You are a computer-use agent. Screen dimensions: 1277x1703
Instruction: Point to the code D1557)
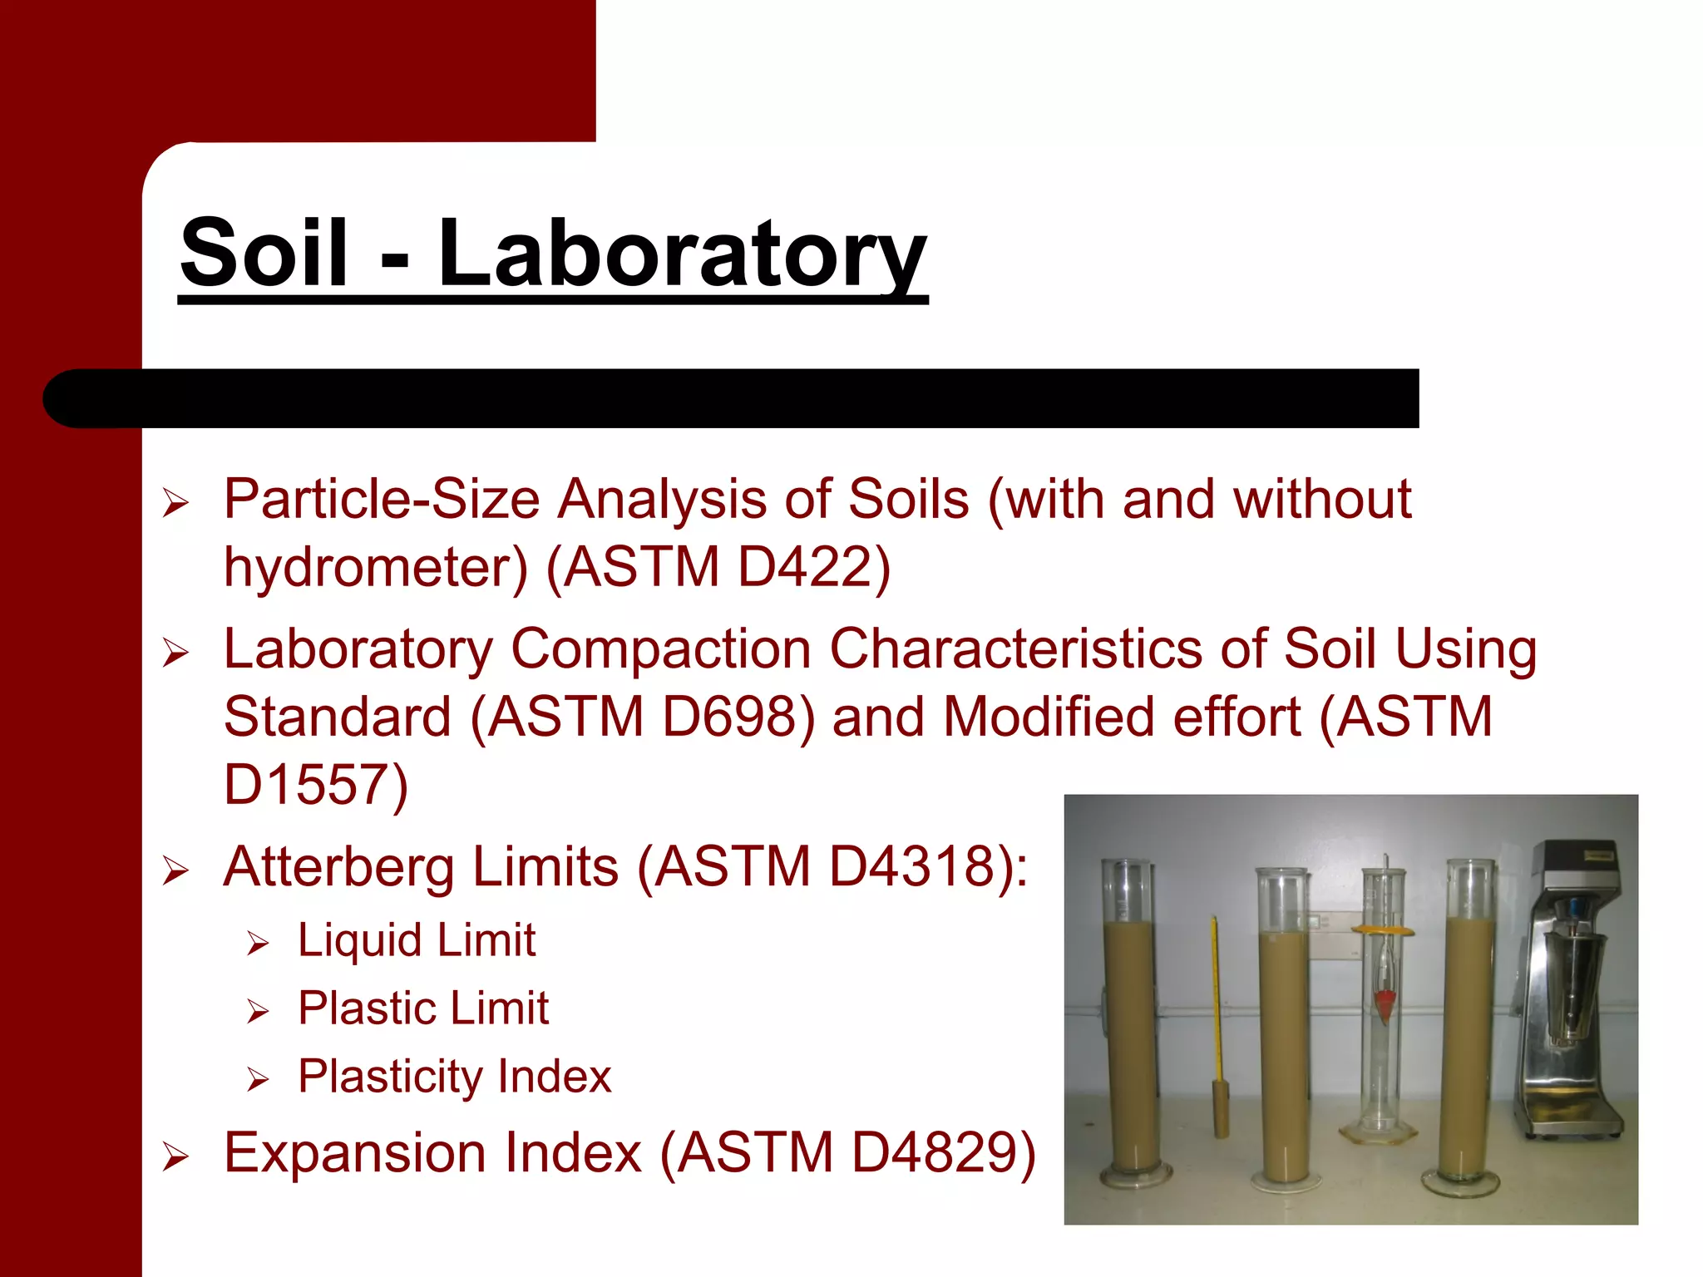(x=316, y=785)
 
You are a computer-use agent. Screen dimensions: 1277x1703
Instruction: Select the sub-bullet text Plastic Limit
(x=423, y=1009)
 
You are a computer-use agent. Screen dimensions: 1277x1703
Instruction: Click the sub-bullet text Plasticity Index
(x=454, y=1077)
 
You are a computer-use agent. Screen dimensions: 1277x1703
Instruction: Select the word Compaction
(x=660, y=649)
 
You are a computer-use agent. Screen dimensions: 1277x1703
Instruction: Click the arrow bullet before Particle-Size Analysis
(x=175, y=503)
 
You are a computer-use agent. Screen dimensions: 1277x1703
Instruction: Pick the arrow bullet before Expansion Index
(x=175, y=1156)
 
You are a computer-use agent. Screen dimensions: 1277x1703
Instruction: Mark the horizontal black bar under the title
(x=732, y=398)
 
